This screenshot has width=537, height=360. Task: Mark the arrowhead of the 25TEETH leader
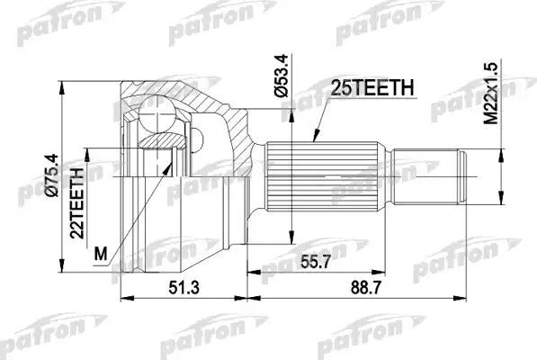coord(312,140)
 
